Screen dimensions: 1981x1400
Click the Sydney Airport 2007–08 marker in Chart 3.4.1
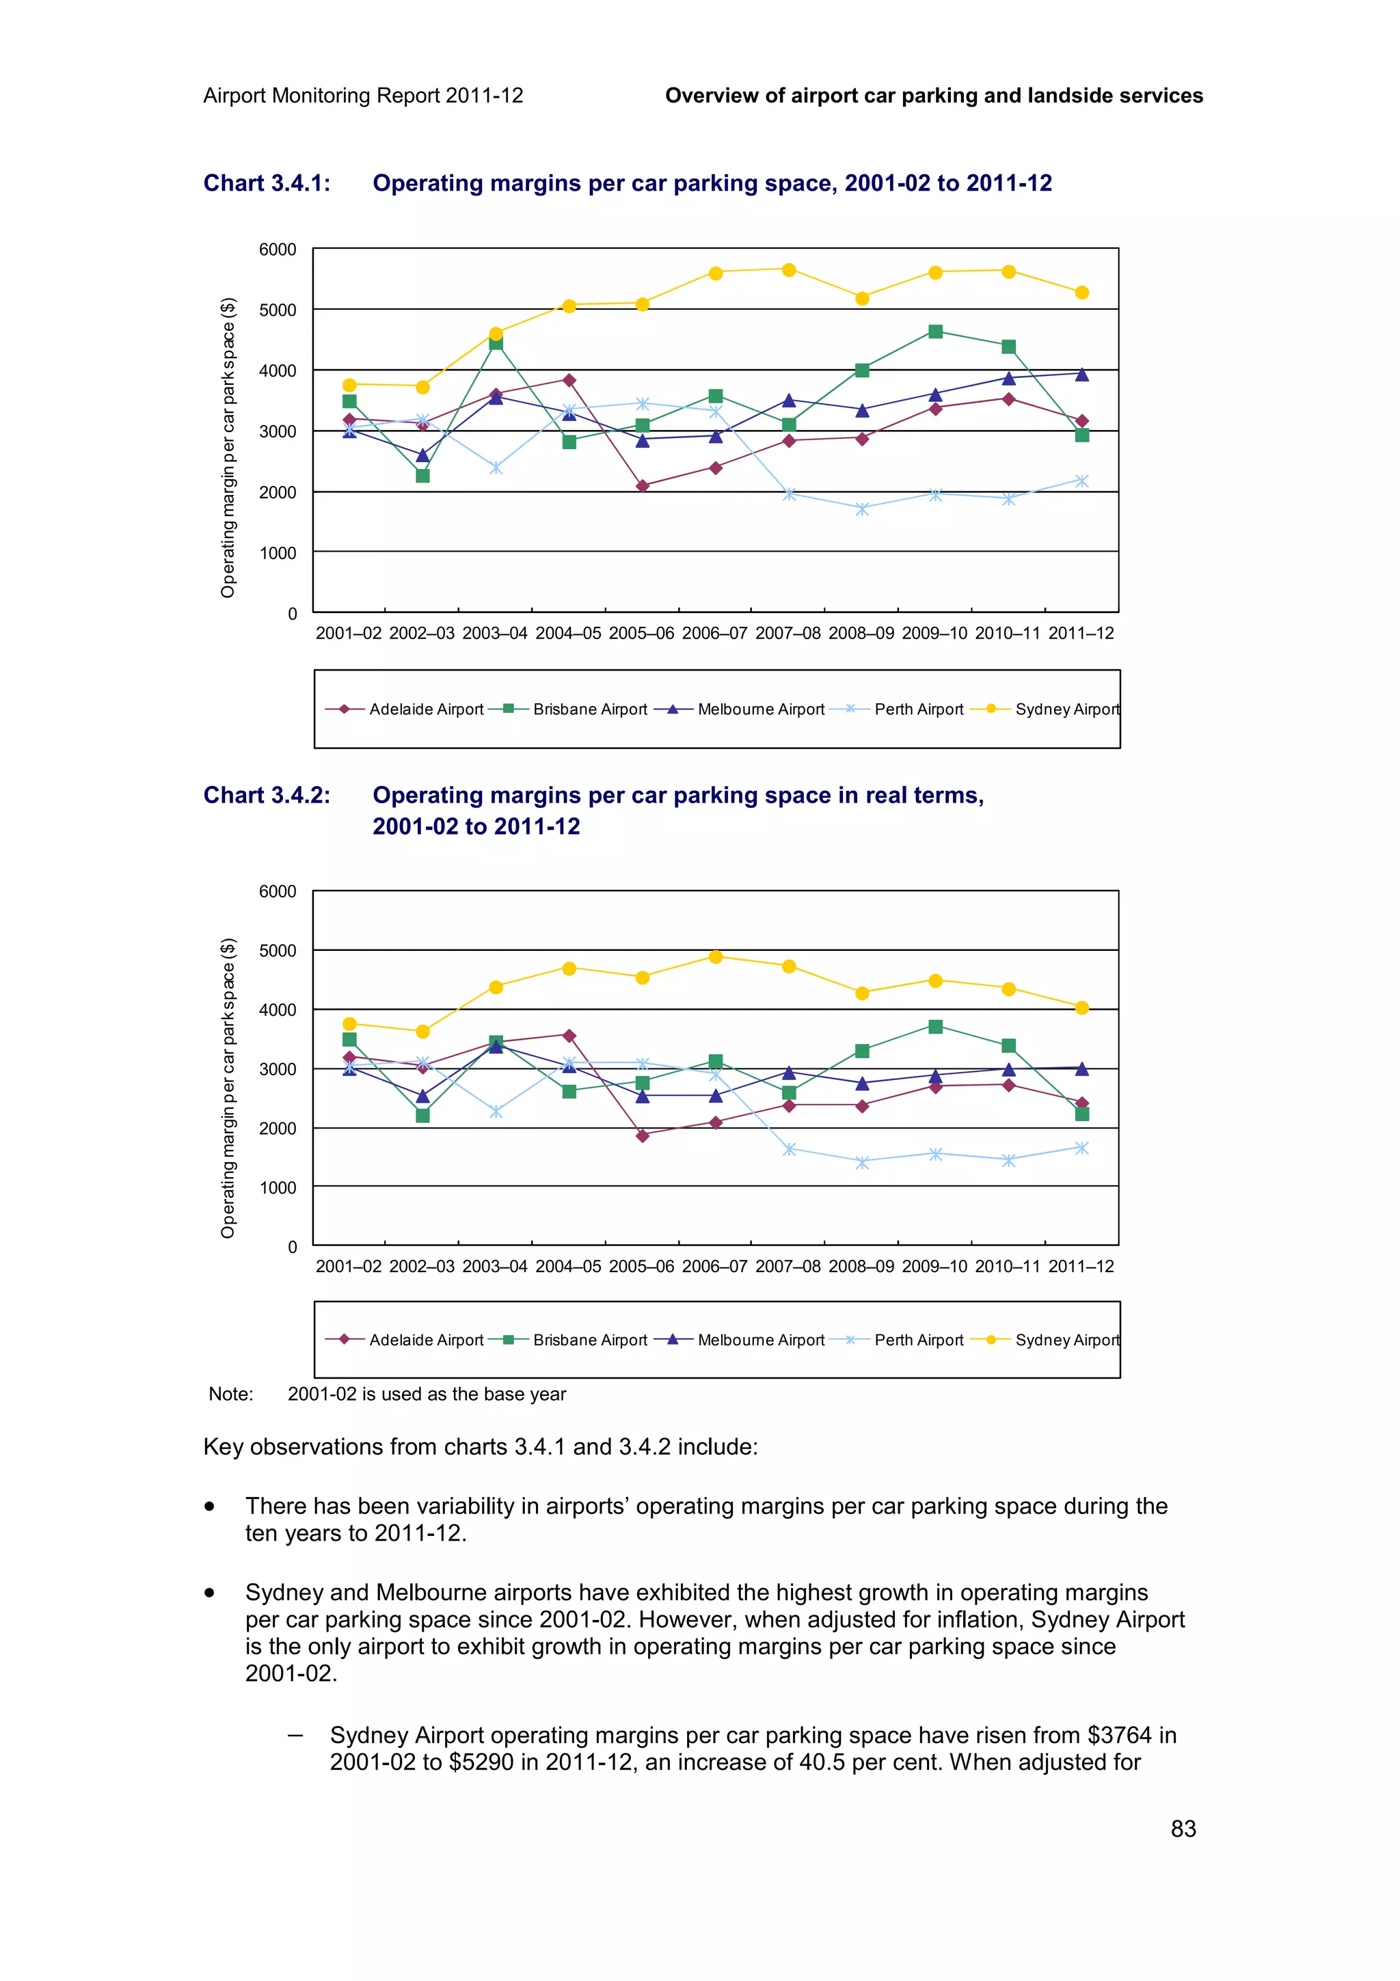[x=788, y=270]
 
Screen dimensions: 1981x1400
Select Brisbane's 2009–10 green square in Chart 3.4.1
[x=935, y=332]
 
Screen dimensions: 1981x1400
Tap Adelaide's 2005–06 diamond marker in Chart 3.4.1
[x=642, y=486]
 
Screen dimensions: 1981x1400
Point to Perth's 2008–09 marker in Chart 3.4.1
[x=862, y=509]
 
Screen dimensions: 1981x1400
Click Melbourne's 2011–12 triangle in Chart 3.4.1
[x=1081, y=375]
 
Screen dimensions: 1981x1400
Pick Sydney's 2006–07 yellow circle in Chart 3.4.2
[x=715, y=956]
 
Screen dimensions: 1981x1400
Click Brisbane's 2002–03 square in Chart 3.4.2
[x=422, y=1116]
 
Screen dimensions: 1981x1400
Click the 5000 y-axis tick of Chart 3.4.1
[x=278, y=310]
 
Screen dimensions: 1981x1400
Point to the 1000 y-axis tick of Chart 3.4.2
[x=278, y=1187]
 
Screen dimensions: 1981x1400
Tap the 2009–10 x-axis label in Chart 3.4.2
[x=934, y=1267]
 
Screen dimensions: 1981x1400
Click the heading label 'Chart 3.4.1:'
[x=267, y=184]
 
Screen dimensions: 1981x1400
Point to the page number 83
[x=1183, y=1829]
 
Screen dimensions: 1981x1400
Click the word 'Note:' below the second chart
[x=230, y=1394]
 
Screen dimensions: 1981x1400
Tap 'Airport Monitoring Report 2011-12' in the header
[x=363, y=96]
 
